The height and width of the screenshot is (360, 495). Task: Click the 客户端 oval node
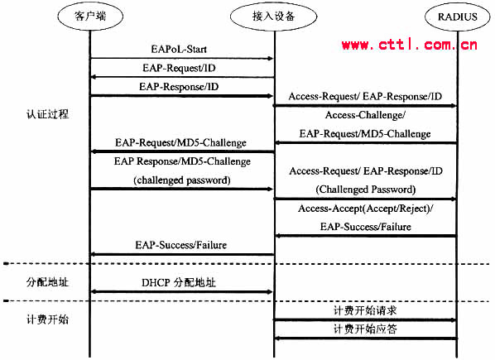pyautogui.click(x=90, y=16)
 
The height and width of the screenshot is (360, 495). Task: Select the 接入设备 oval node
pyautogui.click(x=273, y=16)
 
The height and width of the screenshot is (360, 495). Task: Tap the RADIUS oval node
pyautogui.click(x=458, y=17)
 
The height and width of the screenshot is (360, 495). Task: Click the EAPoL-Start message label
pyautogui.click(x=179, y=49)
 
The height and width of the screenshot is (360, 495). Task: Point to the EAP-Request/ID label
pyautogui.click(x=179, y=68)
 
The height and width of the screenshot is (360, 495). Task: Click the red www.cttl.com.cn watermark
pyautogui.click(x=409, y=45)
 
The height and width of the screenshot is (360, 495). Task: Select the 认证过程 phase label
pyautogui.click(x=47, y=114)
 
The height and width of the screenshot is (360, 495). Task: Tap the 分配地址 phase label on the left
pyautogui.click(x=47, y=281)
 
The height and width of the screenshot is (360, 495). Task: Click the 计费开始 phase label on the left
pyautogui.click(x=47, y=319)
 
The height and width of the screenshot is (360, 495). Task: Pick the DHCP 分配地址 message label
pyautogui.click(x=179, y=282)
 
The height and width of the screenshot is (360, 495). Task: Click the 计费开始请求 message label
pyautogui.click(x=365, y=310)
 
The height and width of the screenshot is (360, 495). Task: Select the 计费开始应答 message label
pyautogui.click(x=365, y=329)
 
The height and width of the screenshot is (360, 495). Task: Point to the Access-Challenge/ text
pyautogui.click(x=365, y=115)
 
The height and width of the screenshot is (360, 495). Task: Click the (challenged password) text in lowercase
pyautogui.click(x=182, y=180)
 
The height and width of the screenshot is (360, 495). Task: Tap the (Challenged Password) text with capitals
pyautogui.click(x=366, y=190)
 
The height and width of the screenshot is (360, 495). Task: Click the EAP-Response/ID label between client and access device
pyautogui.click(x=179, y=86)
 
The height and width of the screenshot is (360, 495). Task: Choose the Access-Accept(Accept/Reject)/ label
pyautogui.click(x=366, y=209)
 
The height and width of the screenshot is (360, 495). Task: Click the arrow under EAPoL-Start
pyautogui.click(x=181, y=59)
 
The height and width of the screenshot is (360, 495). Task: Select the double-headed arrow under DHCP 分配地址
pyautogui.click(x=181, y=292)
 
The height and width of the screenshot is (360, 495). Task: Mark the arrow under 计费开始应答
pyautogui.click(x=366, y=338)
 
